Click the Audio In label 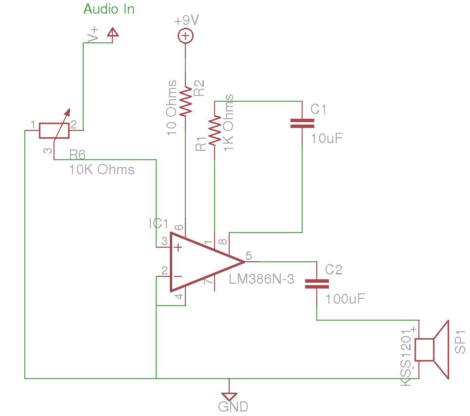coord(109,9)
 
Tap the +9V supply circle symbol coord(185,36)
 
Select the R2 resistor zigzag coord(185,101)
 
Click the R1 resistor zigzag coord(215,131)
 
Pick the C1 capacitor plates coord(302,124)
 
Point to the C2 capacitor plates coord(317,284)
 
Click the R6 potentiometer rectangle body coord(54,130)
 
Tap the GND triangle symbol coord(229,397)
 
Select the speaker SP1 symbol coord(432,349)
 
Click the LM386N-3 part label coord(261,279)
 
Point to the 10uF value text coord(326,139)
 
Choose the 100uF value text coord(345,299)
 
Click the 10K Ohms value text coord(102,170)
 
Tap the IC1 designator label coord(159,223)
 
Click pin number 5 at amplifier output coord(249,255)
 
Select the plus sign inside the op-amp coord(178,247)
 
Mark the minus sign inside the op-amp coord(178,276)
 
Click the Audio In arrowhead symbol coord(113,32)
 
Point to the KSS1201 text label coord(406,358)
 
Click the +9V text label coord(186,20)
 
